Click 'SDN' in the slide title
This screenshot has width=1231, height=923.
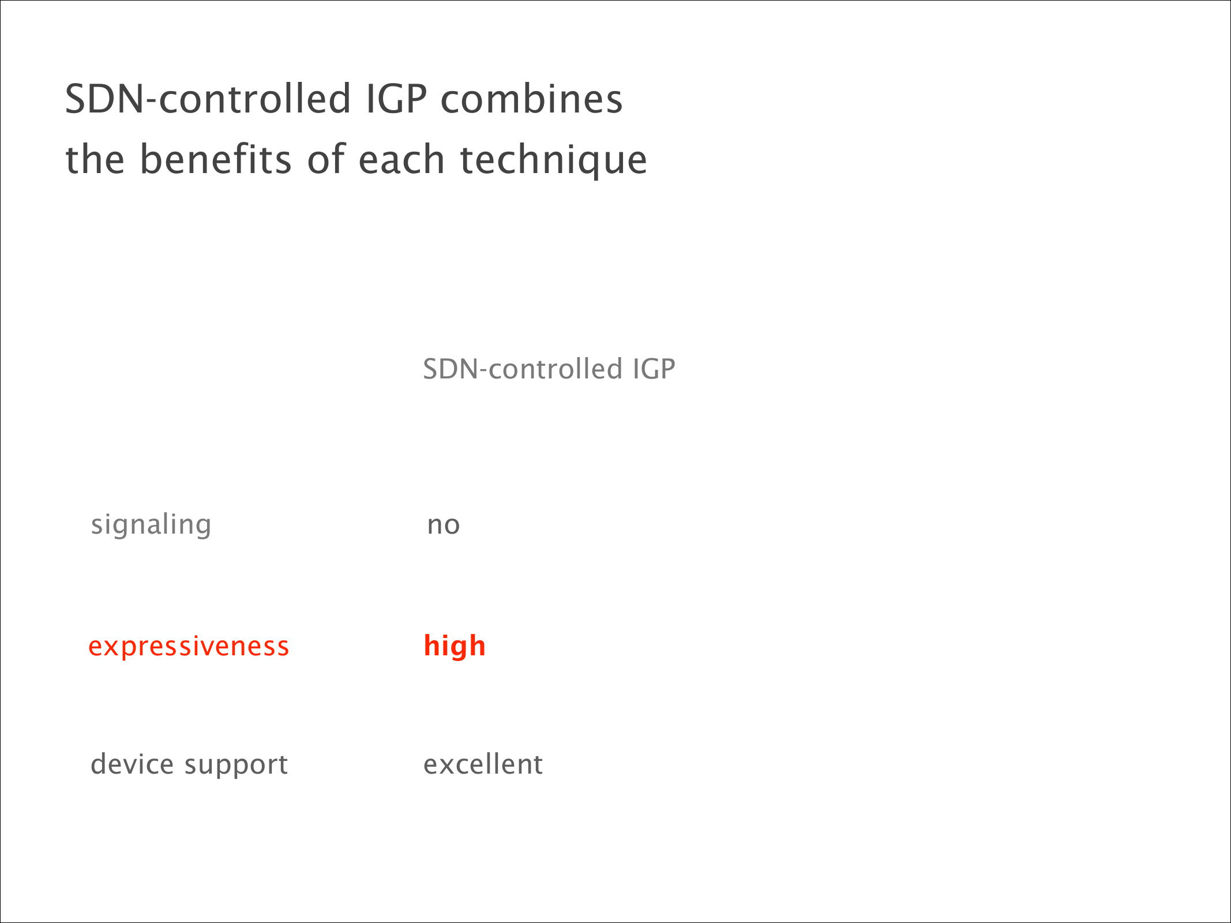[104, 99]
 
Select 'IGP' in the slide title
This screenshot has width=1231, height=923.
[396, 99]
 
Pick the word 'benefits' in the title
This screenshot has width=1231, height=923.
[216, 159]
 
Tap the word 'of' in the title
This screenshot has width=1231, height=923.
[325, 159]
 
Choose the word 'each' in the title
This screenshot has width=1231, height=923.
[401, 159]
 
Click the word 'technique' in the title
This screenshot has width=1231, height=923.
[553, 161]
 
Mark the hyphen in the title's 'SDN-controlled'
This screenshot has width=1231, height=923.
[152, 102]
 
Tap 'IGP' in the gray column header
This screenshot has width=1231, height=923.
[654, 369]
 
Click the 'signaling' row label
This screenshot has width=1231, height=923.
[151, 526]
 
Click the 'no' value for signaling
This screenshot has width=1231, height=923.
[443, 526]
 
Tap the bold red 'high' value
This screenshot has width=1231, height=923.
[455, 646]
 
